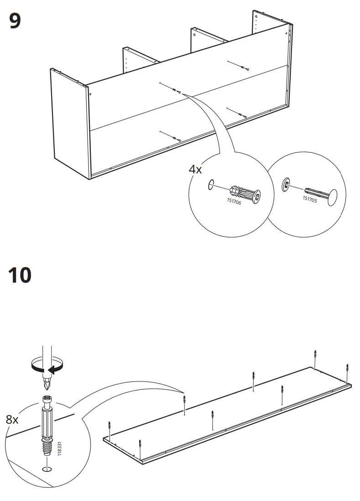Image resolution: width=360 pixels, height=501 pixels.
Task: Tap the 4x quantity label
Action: [195, 169]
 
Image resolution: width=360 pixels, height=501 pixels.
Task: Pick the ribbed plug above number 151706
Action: [245, 193]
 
